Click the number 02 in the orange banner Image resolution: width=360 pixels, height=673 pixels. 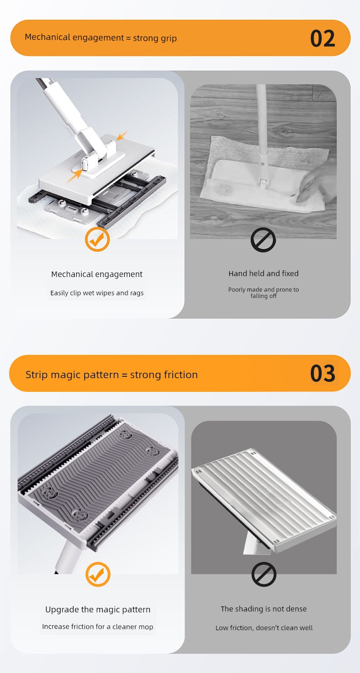click(x=323, y=38)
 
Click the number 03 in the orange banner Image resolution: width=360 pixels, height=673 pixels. click(x=323, y=374)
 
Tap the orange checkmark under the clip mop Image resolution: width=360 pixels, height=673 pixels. click(x=97, y=239)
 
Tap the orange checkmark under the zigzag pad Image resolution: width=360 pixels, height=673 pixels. click(x=98, y=574)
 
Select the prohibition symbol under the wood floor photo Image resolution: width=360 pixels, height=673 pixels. click(x=263, y=240)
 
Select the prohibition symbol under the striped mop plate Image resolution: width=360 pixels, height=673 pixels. click(x=264, y=574)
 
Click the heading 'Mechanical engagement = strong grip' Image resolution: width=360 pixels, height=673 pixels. click(x=101, y=38)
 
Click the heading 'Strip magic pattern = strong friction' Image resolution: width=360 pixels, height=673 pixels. click(x=112, y=375)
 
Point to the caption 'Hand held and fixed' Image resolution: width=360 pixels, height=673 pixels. click(x=263, y=273)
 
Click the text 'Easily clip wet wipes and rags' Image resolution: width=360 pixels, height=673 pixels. click(x=97, y=293)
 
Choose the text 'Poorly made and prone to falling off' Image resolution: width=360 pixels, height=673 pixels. click(x=263, y=293)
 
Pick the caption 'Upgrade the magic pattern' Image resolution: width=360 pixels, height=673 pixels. click(x=98, y=610)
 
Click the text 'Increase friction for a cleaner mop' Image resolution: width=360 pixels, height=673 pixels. click(x=98, y=627)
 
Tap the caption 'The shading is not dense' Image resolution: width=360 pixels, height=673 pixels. click(x=264, y=609)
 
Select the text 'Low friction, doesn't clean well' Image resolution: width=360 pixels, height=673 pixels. click(x=264, y=627)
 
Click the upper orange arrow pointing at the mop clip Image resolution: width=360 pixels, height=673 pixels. click(x=122, y=135)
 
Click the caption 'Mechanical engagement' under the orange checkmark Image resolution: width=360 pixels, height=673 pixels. click(x=97, y=274)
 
